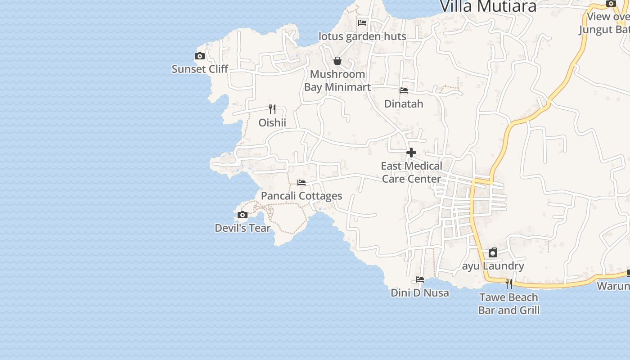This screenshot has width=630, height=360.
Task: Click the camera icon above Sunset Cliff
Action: (x=200, y=56)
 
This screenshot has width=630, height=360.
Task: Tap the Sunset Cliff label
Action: (x=200, y=69)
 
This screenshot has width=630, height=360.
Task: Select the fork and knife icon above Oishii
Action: (x=272, y=109)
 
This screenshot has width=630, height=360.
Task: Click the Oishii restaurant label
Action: (x=272, y=122)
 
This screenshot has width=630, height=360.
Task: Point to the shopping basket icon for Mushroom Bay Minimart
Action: (x=337, y=61)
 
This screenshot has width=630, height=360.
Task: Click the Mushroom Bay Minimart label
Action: (x=337, y=81)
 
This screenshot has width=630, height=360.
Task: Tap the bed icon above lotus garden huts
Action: (x=362, y=23)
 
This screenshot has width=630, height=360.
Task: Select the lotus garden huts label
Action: (x=362, y=36)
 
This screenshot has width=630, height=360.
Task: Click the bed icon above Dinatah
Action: (x=404, y=90)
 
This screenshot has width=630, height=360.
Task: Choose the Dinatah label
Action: (x=404, y=104)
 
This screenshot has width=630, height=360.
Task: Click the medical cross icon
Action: (x=411, y=153)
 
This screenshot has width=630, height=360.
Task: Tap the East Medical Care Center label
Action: (x=411, y=172)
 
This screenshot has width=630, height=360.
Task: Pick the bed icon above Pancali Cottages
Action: (x=301, y=183)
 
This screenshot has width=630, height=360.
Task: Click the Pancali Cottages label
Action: (x=301, y=196)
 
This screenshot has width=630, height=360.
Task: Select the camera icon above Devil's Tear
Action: (x=243, y=215)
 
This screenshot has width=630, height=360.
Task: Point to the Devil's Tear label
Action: (x=243, y=228)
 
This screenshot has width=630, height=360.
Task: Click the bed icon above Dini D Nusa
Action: (x=420, y=279)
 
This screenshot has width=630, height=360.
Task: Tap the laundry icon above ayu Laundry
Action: (x=493, y=252)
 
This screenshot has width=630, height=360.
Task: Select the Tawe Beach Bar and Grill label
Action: (x=508, y=304)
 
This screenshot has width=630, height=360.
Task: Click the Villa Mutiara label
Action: (x=488, y=6)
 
